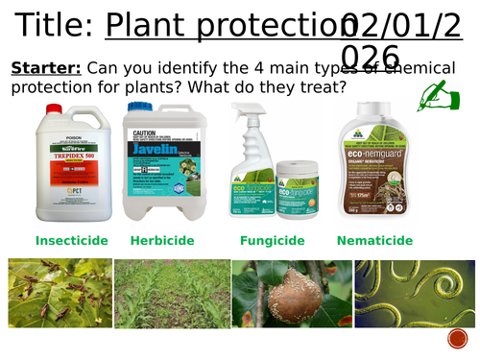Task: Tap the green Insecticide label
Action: point(71,240)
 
